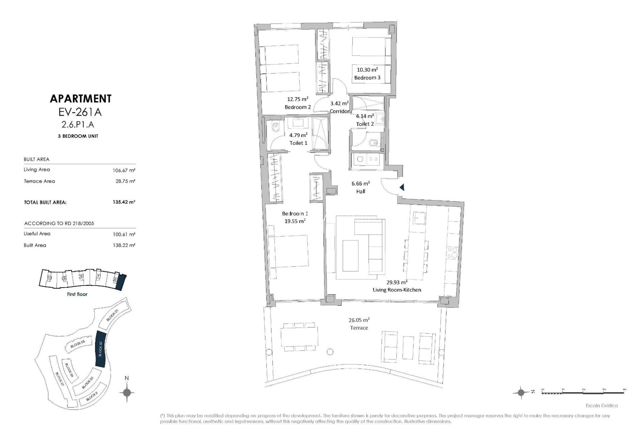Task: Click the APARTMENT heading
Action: point(80,99)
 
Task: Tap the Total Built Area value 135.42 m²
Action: point(124,202)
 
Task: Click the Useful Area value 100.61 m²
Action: point(124,234)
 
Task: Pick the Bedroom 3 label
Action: point(367,78)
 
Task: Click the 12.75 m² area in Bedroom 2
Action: point(298,99)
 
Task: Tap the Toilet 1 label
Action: point(298,143)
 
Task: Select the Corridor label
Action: point(339,111)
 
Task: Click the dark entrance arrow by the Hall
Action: point(402,188)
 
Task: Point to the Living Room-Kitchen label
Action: point(397,290)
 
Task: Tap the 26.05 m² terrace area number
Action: point(359,320)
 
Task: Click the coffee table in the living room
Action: point(350,255)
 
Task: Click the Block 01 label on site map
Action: point(112,315)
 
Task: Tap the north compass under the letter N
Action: point(127,392)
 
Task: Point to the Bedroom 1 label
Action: point(295,213)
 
